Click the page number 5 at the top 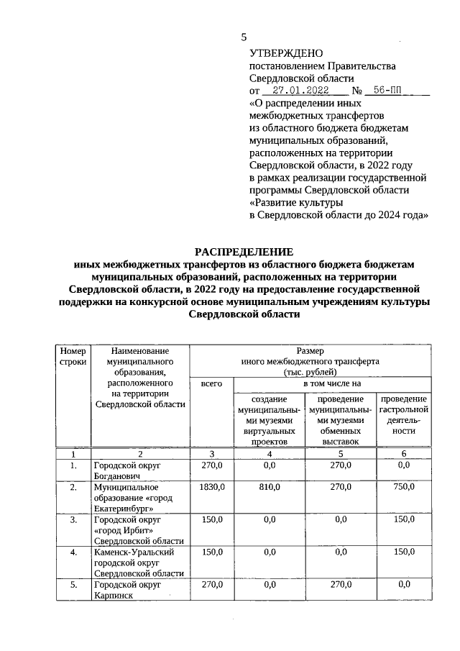point(244,37)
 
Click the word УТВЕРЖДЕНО point(286,53)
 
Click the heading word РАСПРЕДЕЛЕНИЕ point(244,252)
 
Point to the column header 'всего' point(211,385)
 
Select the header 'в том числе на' point(331,385)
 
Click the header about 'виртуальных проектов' point(269,420)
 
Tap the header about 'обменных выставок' point(341,420)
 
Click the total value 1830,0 point(211,488)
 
